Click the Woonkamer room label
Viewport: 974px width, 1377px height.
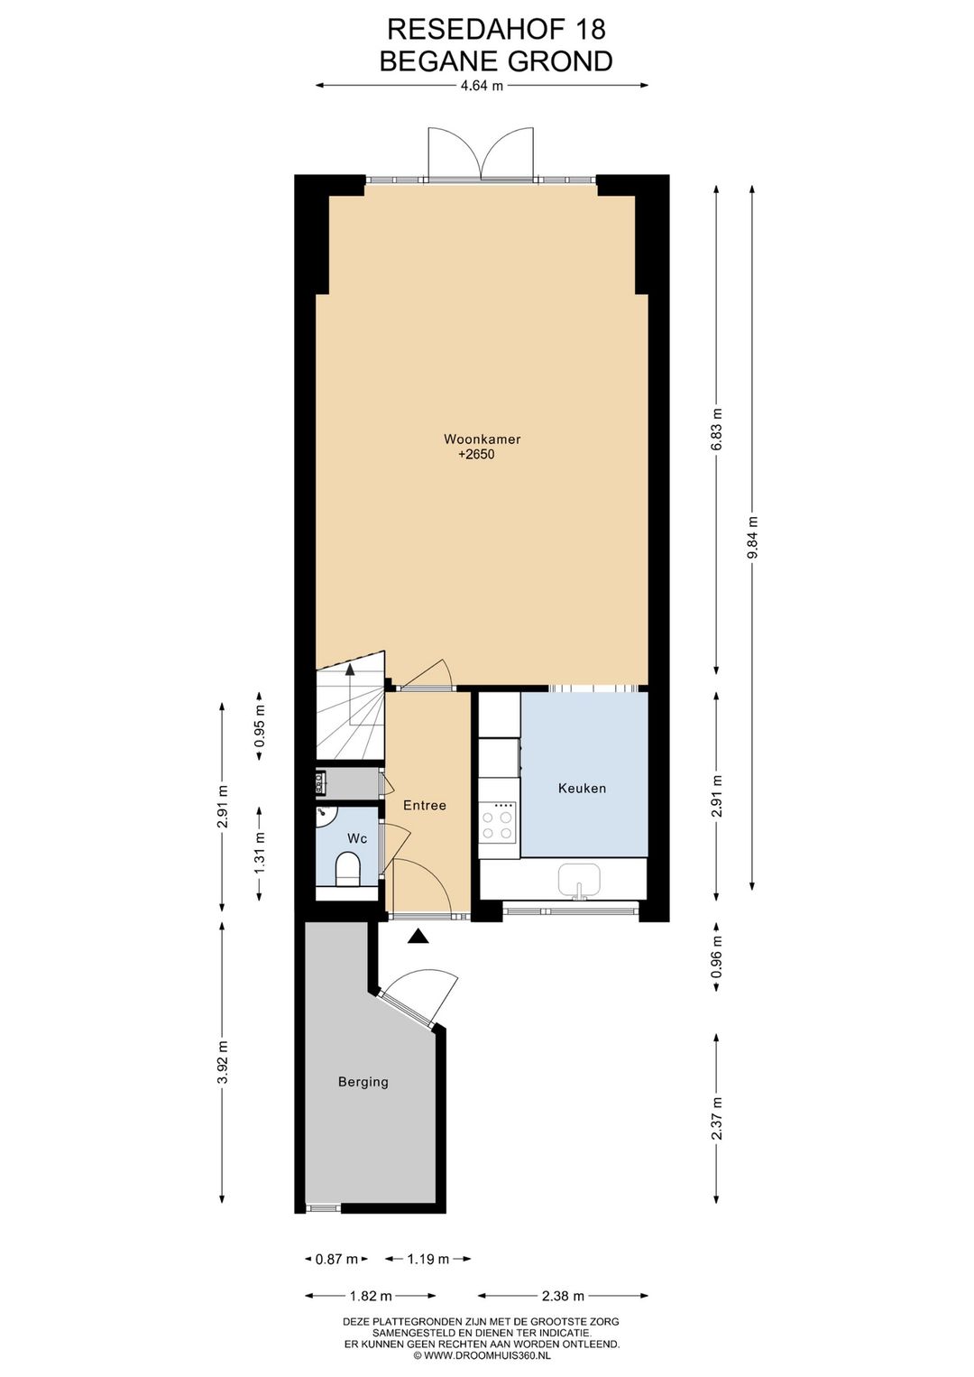click(x=482, y=439)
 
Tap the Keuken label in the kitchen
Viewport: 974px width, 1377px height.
click(x=582, y=788)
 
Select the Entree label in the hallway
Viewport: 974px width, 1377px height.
click(x=424, y=805)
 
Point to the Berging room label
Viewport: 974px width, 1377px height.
click(x=363, y=1081)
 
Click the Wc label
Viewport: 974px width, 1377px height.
click(x=357, y=838)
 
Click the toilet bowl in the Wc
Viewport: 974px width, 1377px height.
click(x=347, y=871)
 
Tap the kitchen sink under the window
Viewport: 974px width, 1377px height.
click(x=578, y=879)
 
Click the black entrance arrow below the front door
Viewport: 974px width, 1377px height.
click(x=417, y=937)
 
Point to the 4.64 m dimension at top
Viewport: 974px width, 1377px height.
click(x=482, y=86)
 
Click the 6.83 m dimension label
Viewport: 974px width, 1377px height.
click(x=717, y=430)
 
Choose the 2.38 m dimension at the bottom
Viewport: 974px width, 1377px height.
click(x=563, y=1296)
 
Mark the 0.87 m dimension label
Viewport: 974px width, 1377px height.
click(x=336, y=1259)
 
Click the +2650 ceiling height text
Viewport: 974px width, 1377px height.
click(x=476, y=455)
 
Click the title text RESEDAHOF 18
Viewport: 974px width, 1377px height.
click(x=496, y=30)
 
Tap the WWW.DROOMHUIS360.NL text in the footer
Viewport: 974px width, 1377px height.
click(x=487, y=1354)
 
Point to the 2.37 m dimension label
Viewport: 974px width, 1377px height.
click(x=717, y=1118)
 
